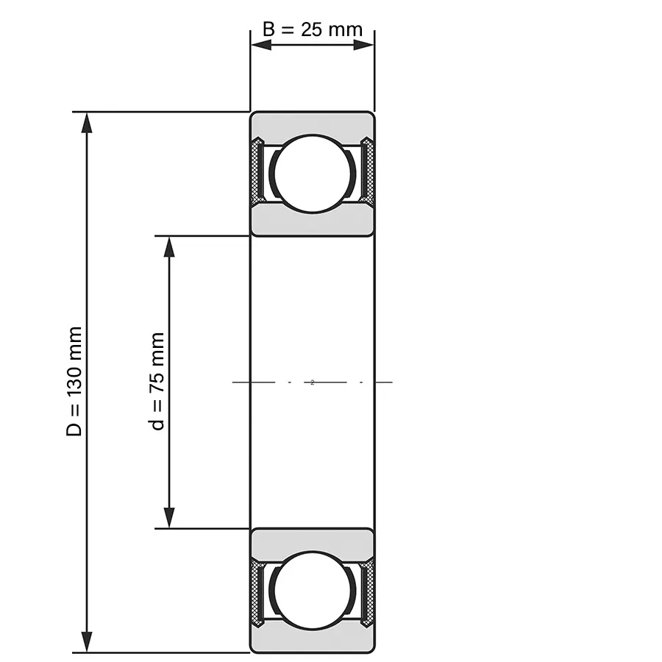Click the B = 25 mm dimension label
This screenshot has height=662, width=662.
tap(313, 29)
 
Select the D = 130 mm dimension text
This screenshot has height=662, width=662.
tap(74, 381)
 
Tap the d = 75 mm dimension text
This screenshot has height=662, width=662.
tap(157, 381)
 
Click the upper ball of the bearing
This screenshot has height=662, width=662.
tap(313, 174)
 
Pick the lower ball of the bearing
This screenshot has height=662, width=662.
tap(313, 590)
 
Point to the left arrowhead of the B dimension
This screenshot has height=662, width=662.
tap(261, 45)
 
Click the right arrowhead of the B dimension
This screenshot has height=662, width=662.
tap(363, 45)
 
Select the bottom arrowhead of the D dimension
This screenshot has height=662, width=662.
tap(87, 641)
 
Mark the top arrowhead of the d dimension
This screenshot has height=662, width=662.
tap(169, 246)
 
